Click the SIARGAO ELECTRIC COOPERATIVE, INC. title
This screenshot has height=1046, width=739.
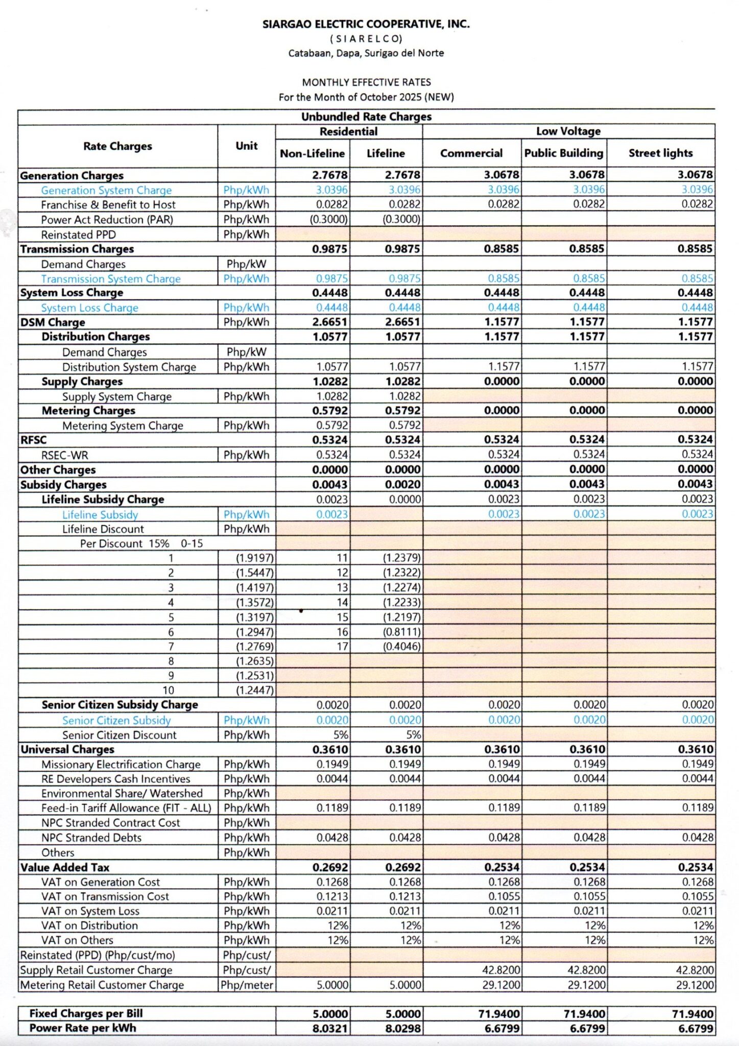pyautogui.click(x=366, y=24)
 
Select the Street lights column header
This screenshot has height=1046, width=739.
pyautogui.click(x=660, y=153)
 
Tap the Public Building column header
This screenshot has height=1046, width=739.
pyautogui.click(x=563, y=153)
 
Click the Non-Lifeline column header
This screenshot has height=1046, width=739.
pyautogui.click(x=312, y=154)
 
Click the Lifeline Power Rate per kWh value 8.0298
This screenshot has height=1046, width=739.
pyautogui.click(x=403, y=1028)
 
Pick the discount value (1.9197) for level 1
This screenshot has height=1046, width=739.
pyautogui.click(x=254, y=558)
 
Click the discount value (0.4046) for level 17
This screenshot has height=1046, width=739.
pyautogui.click(x=402, y=646)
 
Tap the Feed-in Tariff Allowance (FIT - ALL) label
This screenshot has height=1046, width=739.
pyautogui.click(x=126, y=808)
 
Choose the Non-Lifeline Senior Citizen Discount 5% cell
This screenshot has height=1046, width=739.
pyautogui.click(x=341, y=735)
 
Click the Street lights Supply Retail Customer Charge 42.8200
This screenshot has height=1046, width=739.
pyautogui.click(x=694, y=970)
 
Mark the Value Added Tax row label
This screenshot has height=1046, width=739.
pyautogui.click(x=64, y=867)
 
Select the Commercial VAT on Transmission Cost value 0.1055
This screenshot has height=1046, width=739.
pyautogui.click(x=504, y=896)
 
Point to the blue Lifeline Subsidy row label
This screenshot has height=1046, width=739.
pyautogui.click(x=100, y=515)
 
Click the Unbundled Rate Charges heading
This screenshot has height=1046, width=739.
pyautogui.click(x=366, y=116)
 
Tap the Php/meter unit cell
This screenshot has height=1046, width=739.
pyautogui.click(x=247, y=985)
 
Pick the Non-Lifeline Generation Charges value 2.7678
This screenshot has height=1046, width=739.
pyautogui.click(x=329, y=175)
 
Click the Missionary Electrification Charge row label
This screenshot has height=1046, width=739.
pyautogui.click(x=121, y=765)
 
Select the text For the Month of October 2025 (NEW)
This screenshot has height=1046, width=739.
pyautogui.click(x=366, y=97)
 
